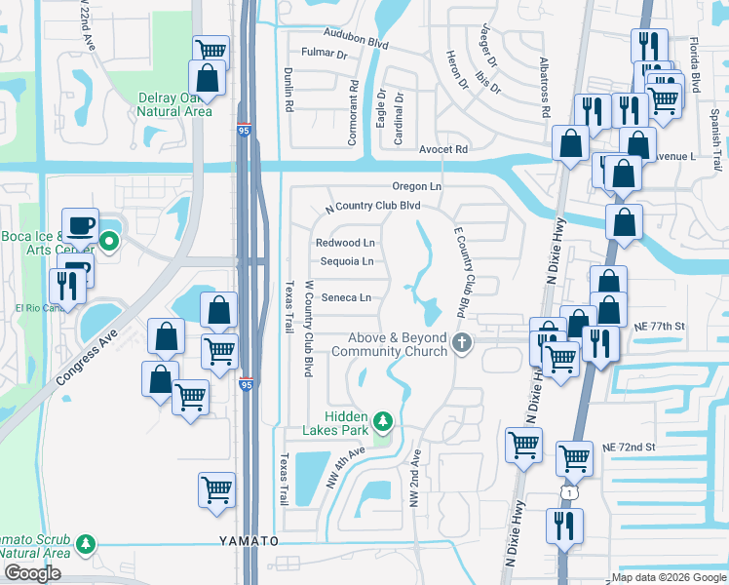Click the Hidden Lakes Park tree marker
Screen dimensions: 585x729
point(384,421)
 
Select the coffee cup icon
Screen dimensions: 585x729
point(79,226)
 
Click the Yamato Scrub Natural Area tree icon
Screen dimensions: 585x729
point(88,543)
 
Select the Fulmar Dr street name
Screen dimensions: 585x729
point(325,55)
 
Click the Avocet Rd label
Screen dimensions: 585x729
point(443,149)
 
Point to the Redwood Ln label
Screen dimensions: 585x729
point(345,243)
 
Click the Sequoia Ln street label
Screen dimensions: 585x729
point(347,261)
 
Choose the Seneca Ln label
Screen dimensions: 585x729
point(346,297)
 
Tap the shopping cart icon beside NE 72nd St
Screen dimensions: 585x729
point(575,456)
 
